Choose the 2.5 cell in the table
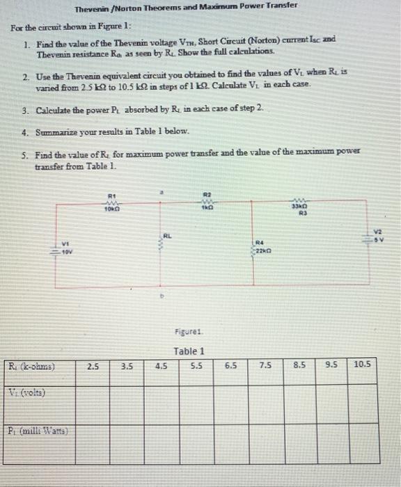pos(93,364)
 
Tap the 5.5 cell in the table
pos(196,364)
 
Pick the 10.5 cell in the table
pos(363,364)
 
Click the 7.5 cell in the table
pos(265,364)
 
